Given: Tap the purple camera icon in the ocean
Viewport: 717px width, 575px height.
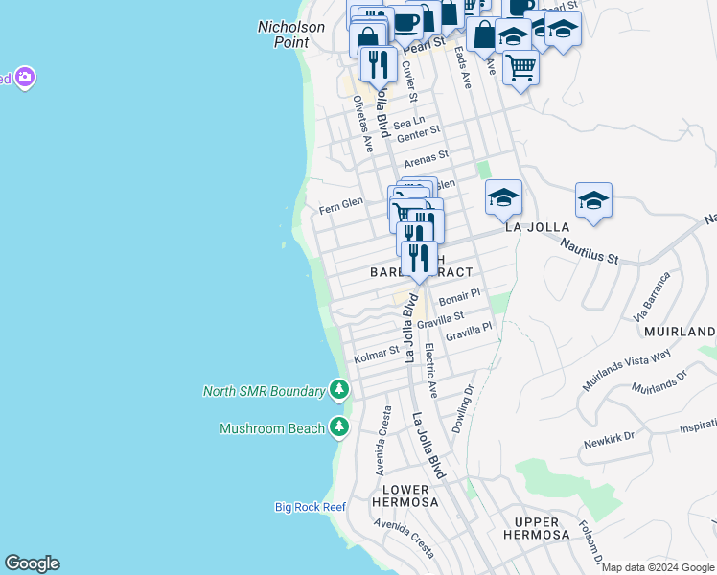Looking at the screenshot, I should tap(24, 77).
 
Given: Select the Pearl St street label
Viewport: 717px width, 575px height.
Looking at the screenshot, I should tap(425, 45).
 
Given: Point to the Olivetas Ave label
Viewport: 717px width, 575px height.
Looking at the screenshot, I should tap(362, 124).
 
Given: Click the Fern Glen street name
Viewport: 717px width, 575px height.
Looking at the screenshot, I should tap(341, 203).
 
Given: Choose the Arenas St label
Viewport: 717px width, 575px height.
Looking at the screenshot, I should tap(426, 156).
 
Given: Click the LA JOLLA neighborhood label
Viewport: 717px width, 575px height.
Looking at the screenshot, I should tap(537, 227).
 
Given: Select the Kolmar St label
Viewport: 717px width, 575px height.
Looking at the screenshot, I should tap(376, 355).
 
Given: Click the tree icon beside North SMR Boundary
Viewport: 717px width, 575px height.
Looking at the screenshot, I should tap(338, 390).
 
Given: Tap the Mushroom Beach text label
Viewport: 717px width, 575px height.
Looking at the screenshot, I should tap(272, 428).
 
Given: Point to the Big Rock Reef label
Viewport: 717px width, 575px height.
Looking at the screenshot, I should tap(309, 506).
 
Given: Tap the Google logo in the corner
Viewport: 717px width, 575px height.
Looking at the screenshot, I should tap(32, 563).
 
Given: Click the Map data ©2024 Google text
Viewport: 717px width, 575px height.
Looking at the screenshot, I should tap(658, 567).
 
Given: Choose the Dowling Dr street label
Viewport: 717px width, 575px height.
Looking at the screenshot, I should tap(463, 408).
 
